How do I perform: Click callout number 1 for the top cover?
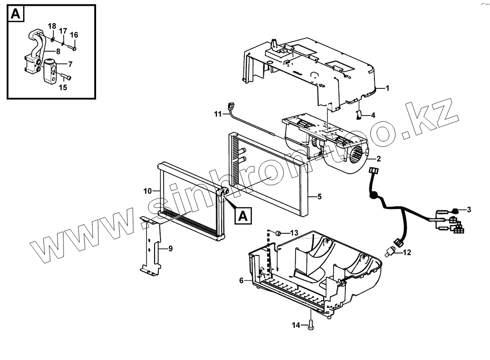click(x=388, y=88)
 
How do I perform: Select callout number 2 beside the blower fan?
click(x=378, y=159)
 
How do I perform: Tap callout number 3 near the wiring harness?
click(x=469, y=209)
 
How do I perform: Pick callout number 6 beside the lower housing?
click(x=242, y=281)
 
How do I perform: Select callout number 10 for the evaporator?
click(x=148, y=191)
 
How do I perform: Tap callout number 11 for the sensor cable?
click(x=217, y=114)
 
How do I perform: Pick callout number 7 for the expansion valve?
click(x=70, y=64)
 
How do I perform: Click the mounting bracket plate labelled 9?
click(x=152, y=247)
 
